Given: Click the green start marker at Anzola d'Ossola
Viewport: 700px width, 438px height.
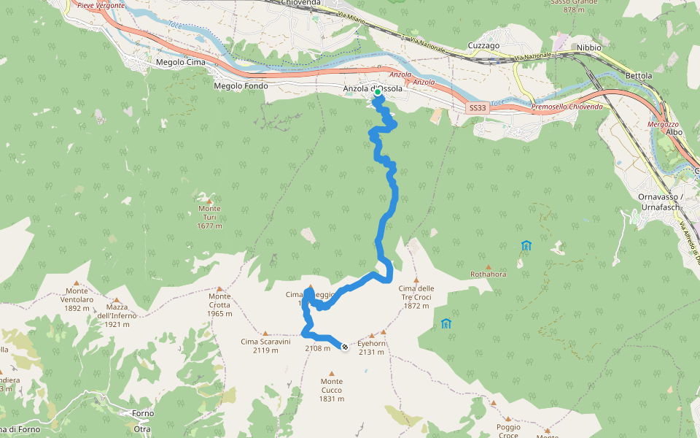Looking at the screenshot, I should pyautogui.click(x=378, y=93).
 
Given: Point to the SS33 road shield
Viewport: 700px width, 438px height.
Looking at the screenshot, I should pyautogui.click(x=477, y=108).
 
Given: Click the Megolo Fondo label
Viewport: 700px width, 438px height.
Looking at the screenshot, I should pyautogui.click(x=238, y=86).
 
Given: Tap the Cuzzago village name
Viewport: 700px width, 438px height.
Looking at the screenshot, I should pyautogui.click(x=483, y=45).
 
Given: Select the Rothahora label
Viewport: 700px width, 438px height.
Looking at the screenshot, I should pyautogui.click(x=489, y=274).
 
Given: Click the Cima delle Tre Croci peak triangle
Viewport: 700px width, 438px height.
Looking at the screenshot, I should pyautogui.click(x=416, y=280).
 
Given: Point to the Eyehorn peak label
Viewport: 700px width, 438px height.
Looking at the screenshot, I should pyautogui.click(x=371, y=343).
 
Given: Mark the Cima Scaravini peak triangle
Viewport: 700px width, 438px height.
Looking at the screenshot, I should pyautogui.click(x=265, y=332).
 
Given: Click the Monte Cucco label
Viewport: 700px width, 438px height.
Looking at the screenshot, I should pyautogui.click(x=331, y=385).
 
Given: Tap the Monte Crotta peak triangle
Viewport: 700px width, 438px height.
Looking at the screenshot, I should pyautogui.click(x=219, y=288).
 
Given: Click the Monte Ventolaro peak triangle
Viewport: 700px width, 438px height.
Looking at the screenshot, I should pyautogui.click(x=77, y=283).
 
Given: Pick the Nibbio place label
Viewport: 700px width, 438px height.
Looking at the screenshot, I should pyautogui.click(x=588, y=47).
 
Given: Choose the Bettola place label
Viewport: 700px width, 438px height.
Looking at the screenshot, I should pyautogui.click(x=638, y=76).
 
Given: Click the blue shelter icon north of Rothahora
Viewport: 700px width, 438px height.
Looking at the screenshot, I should pyautogui.click(x=526, y=246).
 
